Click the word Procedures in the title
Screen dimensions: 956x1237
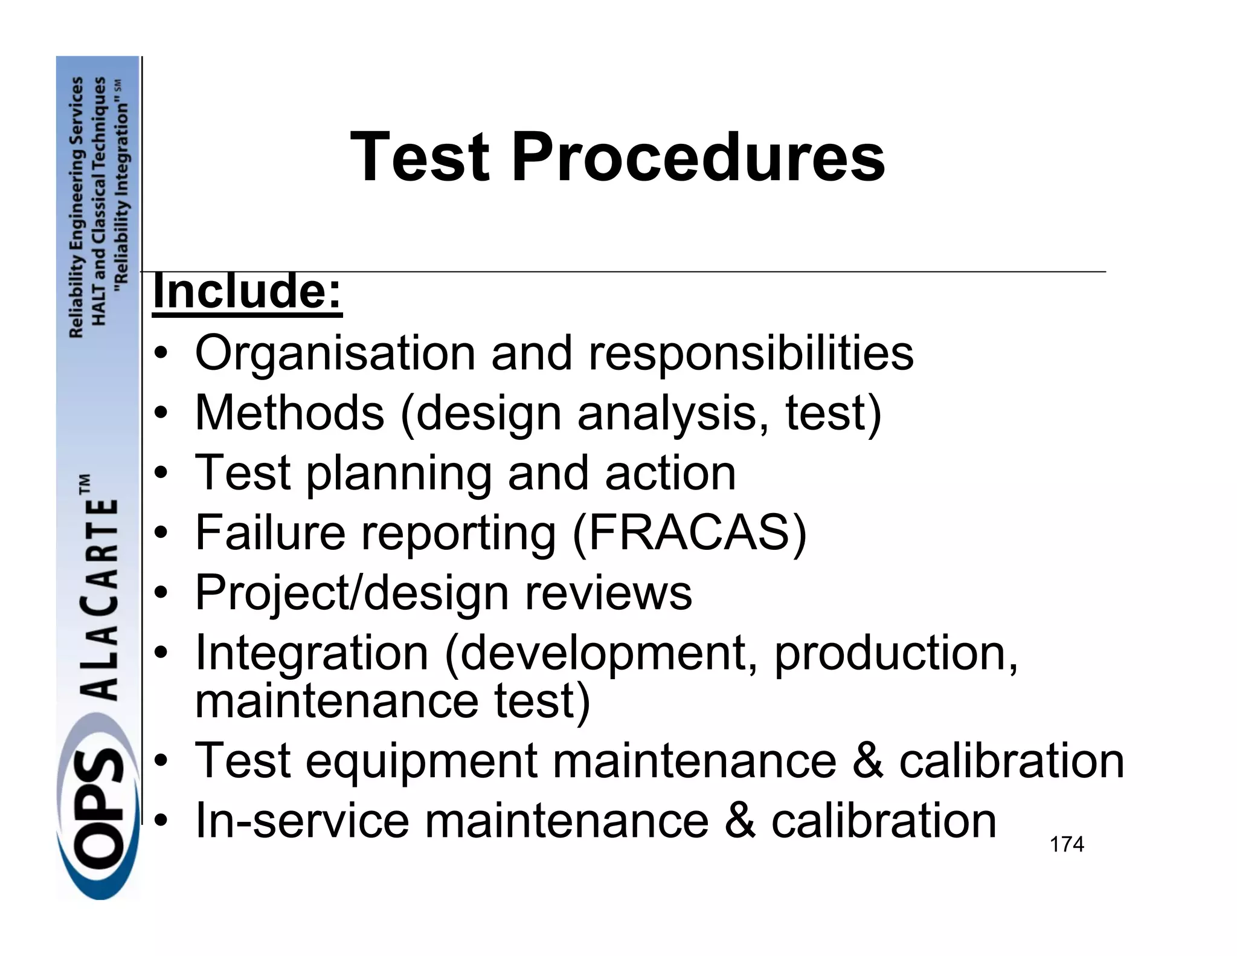click(x=698, y=158)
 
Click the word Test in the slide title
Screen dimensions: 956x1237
click(x=420, y=158)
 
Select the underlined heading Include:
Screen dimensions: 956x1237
click(x=247, y=292)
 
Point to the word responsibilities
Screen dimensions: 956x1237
click(x=751, y=354)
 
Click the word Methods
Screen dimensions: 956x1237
click(x=289, y=413)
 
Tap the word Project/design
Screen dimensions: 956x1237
click(x=352, y=593)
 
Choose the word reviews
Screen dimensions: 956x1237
click(x=608, y=593)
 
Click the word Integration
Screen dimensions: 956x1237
click(x=312, y=654)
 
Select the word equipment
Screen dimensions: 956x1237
click(x=421, y=761)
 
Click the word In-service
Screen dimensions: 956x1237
click(x=302, y=821)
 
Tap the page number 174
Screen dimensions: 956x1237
click(x=1067, y=844)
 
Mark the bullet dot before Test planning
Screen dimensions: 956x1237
click(x=160, y=474)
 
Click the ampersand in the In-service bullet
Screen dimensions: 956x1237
click(x=739, y=821)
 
